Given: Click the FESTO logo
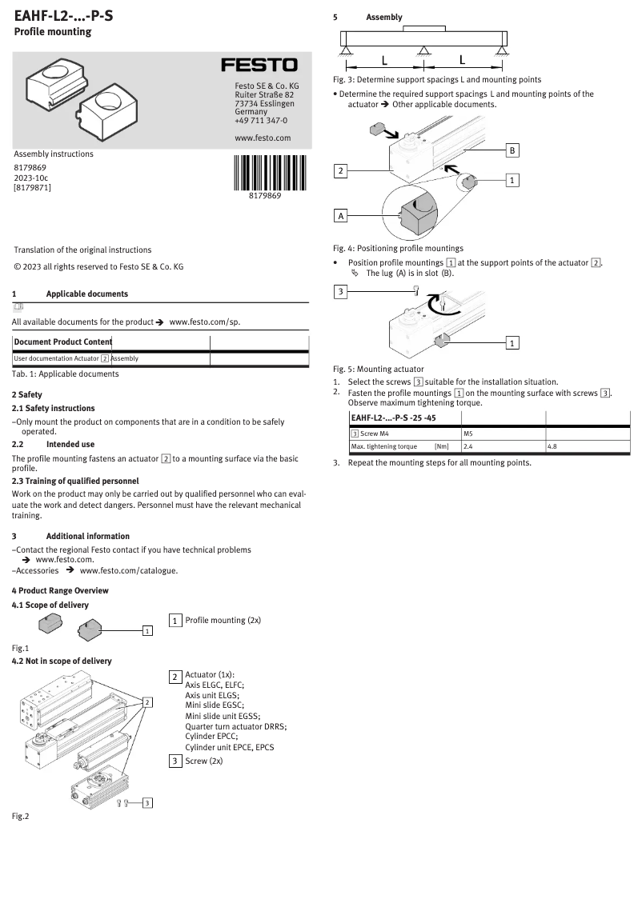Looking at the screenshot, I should (x=259, y=65).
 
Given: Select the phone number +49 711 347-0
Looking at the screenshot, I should (x=261, y=121).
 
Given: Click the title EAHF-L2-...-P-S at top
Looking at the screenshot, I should (x=63, y=14).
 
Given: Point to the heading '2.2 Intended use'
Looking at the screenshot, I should (x=53, y=443).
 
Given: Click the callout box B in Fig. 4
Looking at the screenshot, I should (x=513, y=150).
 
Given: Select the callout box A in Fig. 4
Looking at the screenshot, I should (x=341, y=216).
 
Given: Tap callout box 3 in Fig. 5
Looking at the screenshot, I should (x=341, y=291).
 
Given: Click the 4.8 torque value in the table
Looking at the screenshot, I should (x=552, y=446).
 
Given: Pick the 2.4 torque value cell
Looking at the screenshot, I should (x=469, y=446).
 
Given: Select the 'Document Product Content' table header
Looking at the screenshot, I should (x=62, y=342).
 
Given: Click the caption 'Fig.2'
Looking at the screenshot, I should (x=20, y=817).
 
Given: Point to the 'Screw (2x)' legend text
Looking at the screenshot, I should (x=203, y=761).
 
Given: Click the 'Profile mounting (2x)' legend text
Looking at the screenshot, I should (x=223, y=620).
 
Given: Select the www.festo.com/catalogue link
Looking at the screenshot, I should (x=129, y=571).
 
